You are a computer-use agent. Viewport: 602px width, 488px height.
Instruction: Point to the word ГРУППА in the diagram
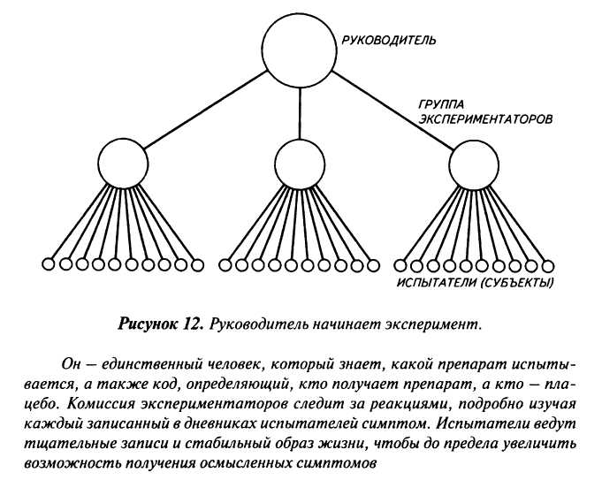pos(441,103)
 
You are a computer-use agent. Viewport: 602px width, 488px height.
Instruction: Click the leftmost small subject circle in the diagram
pos(49,263)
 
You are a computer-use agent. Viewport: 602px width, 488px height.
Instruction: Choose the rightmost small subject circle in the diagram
pos(548,263)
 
